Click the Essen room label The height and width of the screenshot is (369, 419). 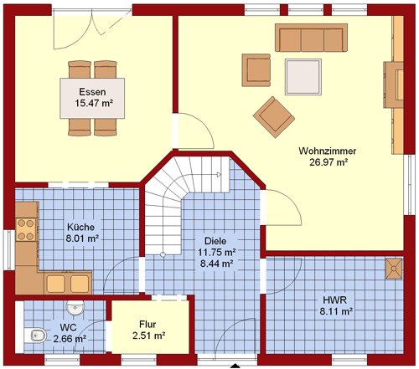point(92,92)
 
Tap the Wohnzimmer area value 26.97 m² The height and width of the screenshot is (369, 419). point(328,162)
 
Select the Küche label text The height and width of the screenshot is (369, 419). point(81,227)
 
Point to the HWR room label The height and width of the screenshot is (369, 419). point(335,300)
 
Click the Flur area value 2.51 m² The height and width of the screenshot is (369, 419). point(149,336)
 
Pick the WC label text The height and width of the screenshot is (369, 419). point(69,327)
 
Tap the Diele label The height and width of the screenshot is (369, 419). point(215,241)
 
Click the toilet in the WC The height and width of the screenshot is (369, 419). point(34,336)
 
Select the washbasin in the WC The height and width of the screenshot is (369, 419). point(75,308)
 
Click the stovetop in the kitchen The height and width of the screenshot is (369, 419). point(26,229)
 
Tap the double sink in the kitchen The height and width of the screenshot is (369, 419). point(68,284)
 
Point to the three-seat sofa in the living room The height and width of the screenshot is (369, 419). point(311,38)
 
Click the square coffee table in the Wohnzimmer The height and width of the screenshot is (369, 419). point(303,77)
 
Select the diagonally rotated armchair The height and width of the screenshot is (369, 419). point(274,117)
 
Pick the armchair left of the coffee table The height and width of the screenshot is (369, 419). point(256,70)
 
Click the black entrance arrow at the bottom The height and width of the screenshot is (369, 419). point(236,366)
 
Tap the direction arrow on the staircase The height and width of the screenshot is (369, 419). point(219,175)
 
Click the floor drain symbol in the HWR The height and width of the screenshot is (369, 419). point(394,269)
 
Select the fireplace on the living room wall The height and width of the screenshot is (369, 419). point(393,85)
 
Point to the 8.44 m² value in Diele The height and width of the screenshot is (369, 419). point(217,264)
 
